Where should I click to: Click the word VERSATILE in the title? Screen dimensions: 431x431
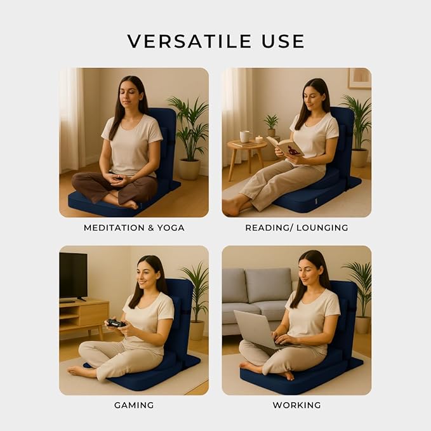click(189, 41)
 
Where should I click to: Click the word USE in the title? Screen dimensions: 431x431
click(283, 41)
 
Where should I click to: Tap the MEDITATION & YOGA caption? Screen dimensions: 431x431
click(134, 228)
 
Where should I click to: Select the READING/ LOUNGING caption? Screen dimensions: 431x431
click(296, 228)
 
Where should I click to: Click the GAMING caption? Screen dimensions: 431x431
click(134, 405)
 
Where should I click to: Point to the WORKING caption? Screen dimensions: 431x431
click(296, 405)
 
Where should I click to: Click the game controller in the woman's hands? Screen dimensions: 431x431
click(116, 323)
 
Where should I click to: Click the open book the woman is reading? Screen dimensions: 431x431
click(285, 146)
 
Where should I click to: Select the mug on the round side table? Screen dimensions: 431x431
click(245, 136)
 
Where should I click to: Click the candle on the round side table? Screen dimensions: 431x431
click(259, 140)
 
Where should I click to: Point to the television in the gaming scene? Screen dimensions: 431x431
click(74, 276)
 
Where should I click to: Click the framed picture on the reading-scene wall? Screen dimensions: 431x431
click(360, 78)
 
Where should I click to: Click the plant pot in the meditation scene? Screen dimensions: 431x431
click(189, 169)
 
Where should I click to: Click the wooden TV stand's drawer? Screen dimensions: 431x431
click(94, 314)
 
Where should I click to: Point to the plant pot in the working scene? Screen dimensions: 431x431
click(363, 325)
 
